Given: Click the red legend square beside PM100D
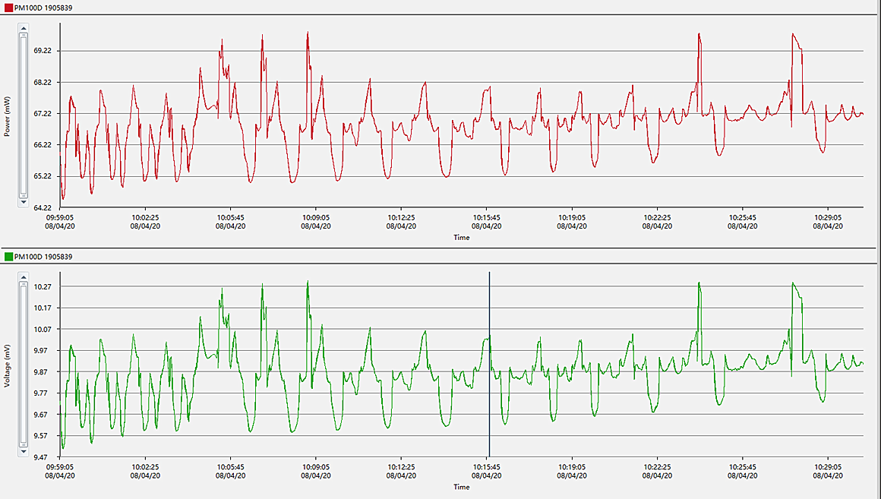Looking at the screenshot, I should coord(8,8).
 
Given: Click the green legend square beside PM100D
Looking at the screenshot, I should coord(8,257).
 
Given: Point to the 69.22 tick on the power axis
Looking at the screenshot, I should coord(43,51).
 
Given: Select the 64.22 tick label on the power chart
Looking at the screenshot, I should coord(43,207).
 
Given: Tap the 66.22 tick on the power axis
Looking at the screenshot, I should coord(43,145).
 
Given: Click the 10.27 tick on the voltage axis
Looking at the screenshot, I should coord(43,286).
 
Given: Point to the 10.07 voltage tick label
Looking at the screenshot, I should coord(43,329).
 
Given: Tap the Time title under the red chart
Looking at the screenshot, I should coord(462,237).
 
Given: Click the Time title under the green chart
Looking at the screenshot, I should coord(462,487).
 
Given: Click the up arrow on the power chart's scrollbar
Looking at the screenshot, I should coord(23,29).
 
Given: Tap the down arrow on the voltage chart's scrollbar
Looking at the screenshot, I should coord(23,451).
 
